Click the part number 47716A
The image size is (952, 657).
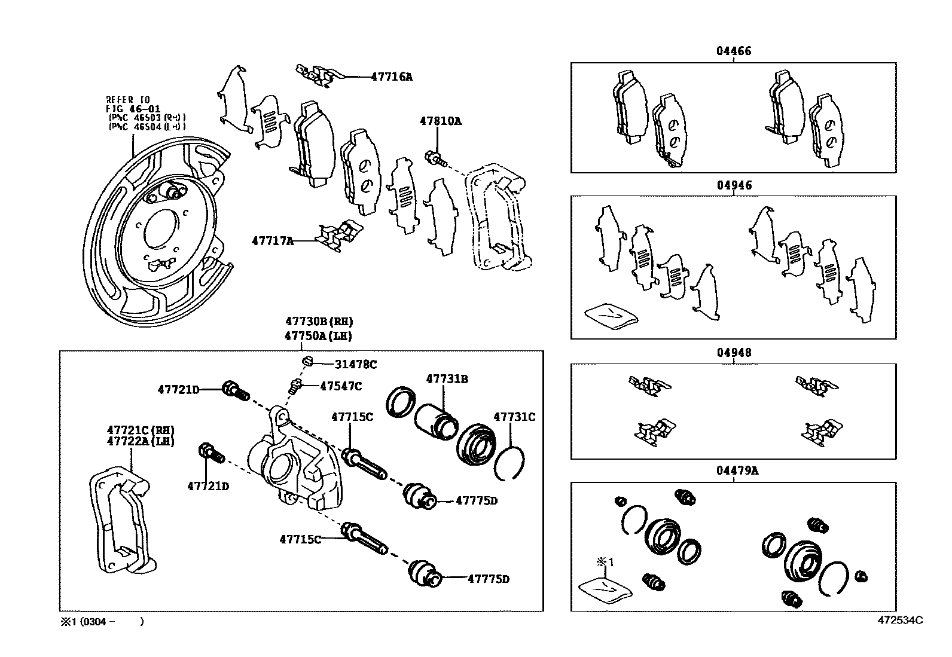point(391,77)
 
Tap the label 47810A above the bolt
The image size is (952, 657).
point(440,121)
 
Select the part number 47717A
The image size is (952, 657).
point(273,241)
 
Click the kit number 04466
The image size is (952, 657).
point(734,51)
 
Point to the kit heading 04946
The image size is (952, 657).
point(734,185)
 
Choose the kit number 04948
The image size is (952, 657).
point(734,353)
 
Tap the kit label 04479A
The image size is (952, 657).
point(737,470)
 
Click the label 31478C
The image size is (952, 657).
point(355,364)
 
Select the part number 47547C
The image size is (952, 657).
point(340,386)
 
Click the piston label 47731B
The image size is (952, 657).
point(447,379)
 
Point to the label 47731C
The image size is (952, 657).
point(514,417)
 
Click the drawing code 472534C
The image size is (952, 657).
point(900,620)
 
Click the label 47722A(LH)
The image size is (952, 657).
point(141,441)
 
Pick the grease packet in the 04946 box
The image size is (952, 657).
point(611,316)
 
